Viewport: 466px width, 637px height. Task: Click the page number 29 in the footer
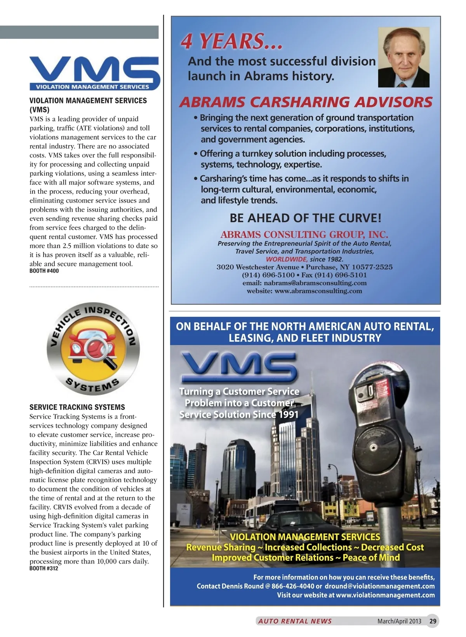tap(433, 621)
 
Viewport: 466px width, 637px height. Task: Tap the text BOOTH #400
tap(44, 271)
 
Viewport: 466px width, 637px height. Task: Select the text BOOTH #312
tap(44, 569)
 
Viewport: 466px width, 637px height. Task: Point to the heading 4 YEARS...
tap(231, 41)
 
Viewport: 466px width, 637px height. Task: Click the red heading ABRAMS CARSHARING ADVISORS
tap(306, 102)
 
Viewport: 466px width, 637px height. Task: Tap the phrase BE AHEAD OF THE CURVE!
tap(306, 218)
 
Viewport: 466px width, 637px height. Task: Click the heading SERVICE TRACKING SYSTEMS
tap(77, 407)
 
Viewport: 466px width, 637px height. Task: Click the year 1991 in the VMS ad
tap(288, 415)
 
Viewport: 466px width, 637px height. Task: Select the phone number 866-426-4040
tap(293, 586)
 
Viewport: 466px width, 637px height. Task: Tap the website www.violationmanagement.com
tap(385, 595)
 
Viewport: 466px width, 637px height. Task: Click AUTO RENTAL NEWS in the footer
tap(295, 621)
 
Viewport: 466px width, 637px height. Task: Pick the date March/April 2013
tap(399, 621)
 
